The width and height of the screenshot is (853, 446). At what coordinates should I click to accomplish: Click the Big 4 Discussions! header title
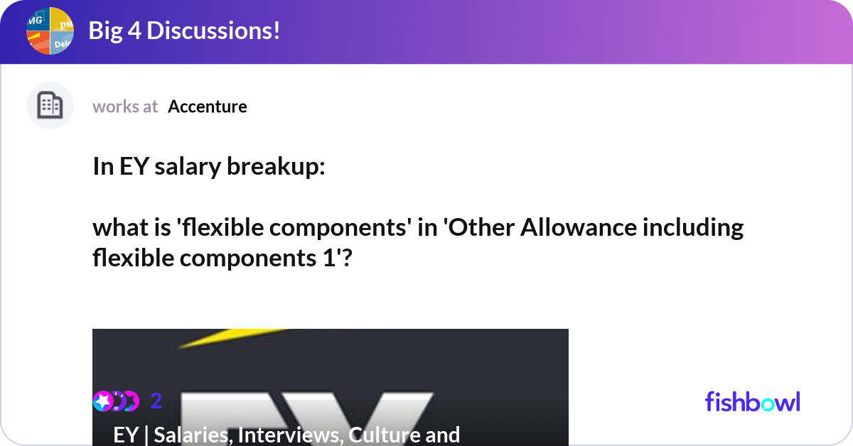pos(183,31)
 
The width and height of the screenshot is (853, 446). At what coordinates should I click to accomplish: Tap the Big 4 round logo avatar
pos(50,31)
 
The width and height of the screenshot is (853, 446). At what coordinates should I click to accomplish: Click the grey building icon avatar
pos(50,106)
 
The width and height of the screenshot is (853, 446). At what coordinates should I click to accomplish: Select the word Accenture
pos(208,107)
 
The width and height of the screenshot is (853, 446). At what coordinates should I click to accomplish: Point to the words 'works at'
pos(125,107)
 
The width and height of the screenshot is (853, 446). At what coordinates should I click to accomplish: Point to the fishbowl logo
pos(752,402)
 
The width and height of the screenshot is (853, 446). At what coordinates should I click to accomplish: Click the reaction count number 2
pos(156,401)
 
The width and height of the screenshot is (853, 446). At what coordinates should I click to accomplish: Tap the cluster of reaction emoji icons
pos(116,401)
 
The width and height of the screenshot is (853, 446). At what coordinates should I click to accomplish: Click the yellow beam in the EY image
pos(235,337)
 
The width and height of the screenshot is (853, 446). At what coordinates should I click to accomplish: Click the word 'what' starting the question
pos(117,228)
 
